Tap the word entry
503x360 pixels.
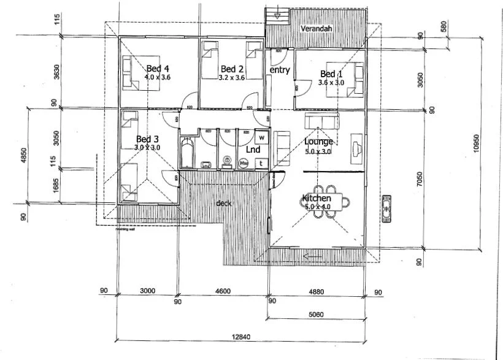coord(280,70)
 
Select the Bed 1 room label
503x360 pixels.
coord(331,74)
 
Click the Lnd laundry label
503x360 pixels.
coord(252,149)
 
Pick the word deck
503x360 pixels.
coord(223,203)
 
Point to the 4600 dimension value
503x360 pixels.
coord(223,291)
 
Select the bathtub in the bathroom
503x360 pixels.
coord(186,152)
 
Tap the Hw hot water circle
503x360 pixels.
coord(244,163)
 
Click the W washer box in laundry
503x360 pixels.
coord(261,137)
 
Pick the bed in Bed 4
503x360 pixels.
coord(134,73)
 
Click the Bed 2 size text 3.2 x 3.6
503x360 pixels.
coord(232,78)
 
